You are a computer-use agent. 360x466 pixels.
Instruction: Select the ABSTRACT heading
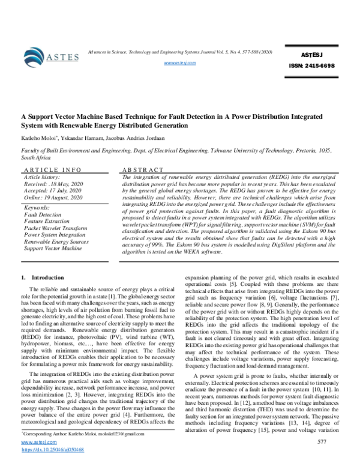click(142, 171)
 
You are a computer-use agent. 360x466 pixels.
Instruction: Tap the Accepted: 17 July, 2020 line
click(53, 192)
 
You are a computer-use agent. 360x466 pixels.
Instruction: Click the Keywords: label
click(37, 207)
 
